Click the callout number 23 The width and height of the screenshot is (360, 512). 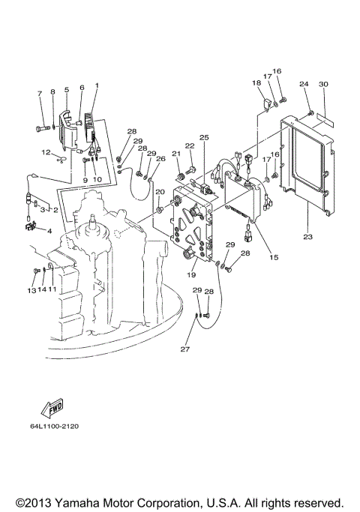click(308, 237)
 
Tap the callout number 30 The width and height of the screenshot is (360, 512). click(323, 84)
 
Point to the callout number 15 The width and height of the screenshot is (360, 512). click(274, 257)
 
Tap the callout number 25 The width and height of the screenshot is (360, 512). click(203, 137)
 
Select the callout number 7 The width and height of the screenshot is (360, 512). click(40, 93)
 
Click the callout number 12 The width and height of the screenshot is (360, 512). click(46, 152)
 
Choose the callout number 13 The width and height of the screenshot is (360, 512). click(32, 289)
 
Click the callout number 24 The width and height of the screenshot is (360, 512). click(304, 84)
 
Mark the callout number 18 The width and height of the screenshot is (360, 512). click(256, 83)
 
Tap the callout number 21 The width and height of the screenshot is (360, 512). click(177, 154)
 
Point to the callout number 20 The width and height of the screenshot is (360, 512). click(159, 193)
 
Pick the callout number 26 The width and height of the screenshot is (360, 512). click(160, 158)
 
